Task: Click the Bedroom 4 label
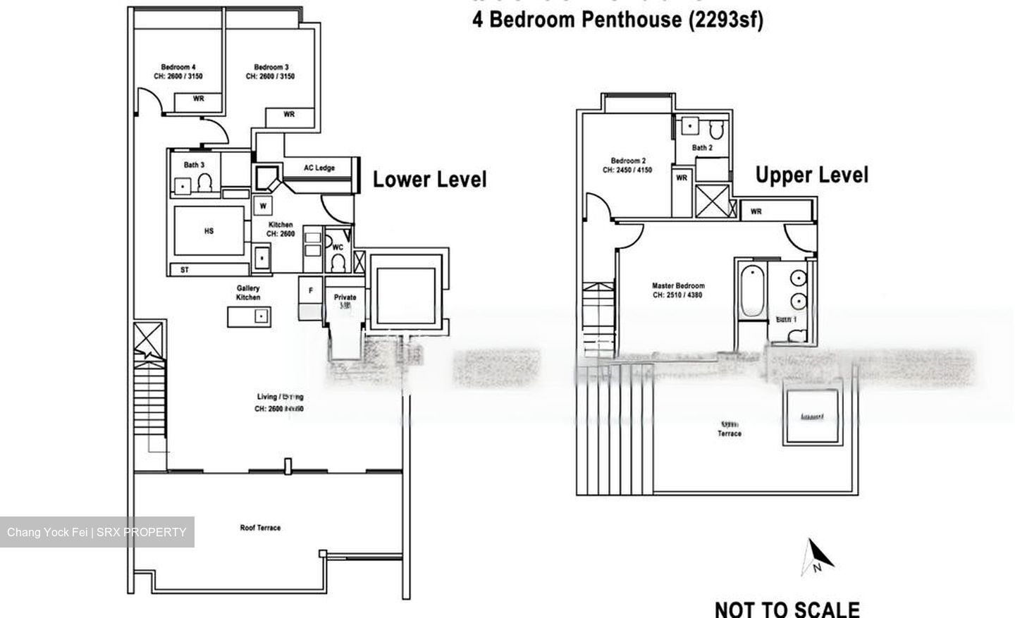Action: click(178, 68)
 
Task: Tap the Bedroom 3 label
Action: click(271, 68)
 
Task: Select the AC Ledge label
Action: click(319, 168)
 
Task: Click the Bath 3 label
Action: click(194, 165)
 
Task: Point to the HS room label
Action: click(209, 231)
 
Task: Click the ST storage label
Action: click(185, 270)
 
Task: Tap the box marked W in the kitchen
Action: click(263, 206)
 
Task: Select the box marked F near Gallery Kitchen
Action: click(310, 290)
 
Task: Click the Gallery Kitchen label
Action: click(248, 292)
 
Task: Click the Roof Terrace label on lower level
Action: click(260, 528)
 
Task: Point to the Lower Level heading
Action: click(429, 179)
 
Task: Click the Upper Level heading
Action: click(812, 175)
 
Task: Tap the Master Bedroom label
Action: click(677, 286)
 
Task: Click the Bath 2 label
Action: click(702, 148)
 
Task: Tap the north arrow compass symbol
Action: click(818, 557)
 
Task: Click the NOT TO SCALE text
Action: click(787, 609)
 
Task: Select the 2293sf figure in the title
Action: click(726, 20)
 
